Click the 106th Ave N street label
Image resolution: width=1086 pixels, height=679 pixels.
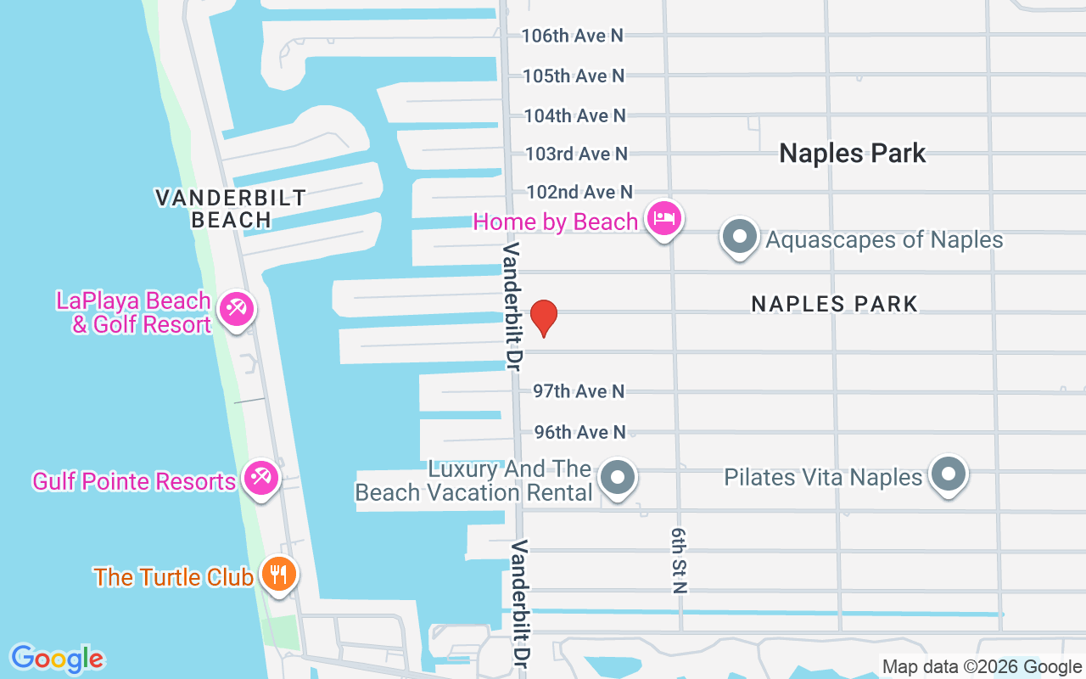pyautogui.click(x=572, y=36)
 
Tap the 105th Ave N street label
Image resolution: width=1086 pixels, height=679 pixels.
pyautogui.click(x=573, y=76)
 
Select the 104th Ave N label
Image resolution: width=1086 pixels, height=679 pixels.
pyautogui.click(x=574, y=115)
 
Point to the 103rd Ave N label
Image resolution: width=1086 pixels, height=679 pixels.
pyautogui.click(x=576, y=154)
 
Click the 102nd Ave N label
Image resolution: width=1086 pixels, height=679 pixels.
pyautogui.click(x=579, y=192)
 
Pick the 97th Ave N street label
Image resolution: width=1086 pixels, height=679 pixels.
pyautogui.click(x=579, y=391)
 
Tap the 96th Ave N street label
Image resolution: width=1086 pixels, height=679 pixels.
pyautogui.click(x=579, y=432)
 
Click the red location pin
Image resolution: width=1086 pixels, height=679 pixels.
pyautogui.click(x=543, y=318)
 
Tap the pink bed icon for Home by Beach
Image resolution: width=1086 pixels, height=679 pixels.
pyautogui.click(x=663, y=220)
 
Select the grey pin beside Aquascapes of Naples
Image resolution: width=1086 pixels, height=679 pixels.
pyautogui.click(x=740, y=236)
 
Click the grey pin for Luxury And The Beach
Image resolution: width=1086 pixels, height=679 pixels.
pyautogui.click(x=619, y=478)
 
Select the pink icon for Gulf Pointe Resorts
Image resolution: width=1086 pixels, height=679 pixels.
pyautogui.click(x=260, y=479)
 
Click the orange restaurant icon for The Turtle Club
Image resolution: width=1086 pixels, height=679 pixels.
pyautogui.click(x=277, y=574)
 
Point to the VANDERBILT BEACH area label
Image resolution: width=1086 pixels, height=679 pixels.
pyautogui.click(x=231, y=209)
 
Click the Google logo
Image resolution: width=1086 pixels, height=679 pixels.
pyautogui.click(x=57, y=658)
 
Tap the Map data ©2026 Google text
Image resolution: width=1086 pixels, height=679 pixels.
pyautogui.click(x=982, y=667)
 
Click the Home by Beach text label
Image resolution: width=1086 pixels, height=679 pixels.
pyautogui.click(x=556, y=222)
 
